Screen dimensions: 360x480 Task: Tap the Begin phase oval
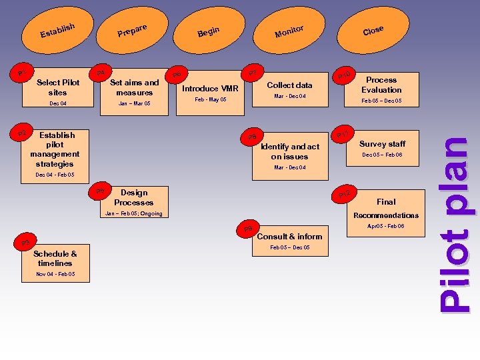pyautogui.click(x=209, y=30)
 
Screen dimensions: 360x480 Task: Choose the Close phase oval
pyautogui.click(x=373, y=29)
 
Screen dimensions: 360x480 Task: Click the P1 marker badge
pyautogui.click(x=23, y=72)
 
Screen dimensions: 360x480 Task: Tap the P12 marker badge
pyautogui.click(x=344, y=194)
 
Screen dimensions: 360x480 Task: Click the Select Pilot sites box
pyautogui.click(x=58, y=88)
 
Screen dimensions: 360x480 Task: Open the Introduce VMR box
pyautogui.click(x=211, y=89)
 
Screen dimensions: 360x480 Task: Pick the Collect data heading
pyautogui.click(x=289, y=85)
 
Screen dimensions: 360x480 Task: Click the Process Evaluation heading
pyautogui.click(x=381, y=85)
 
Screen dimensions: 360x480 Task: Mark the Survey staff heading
pyautogui.click(x=382, y=144)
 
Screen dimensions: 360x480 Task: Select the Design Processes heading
pyautogui.click(x=133, y=197)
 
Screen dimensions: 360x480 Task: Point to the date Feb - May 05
pyautogui.click(x=211, y=100)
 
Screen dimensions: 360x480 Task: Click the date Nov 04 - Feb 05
pyautogui.click(x=55, y=274)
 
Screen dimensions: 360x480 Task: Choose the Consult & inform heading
pyautogui.click(x=289, y=236)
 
